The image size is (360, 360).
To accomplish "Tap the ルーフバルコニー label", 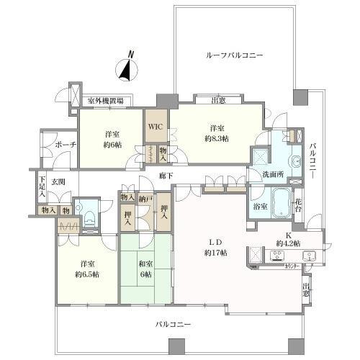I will (235, 55).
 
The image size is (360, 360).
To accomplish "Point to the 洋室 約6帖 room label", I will (111, 139).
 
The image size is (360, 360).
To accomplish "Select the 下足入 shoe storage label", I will (42, 188).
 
